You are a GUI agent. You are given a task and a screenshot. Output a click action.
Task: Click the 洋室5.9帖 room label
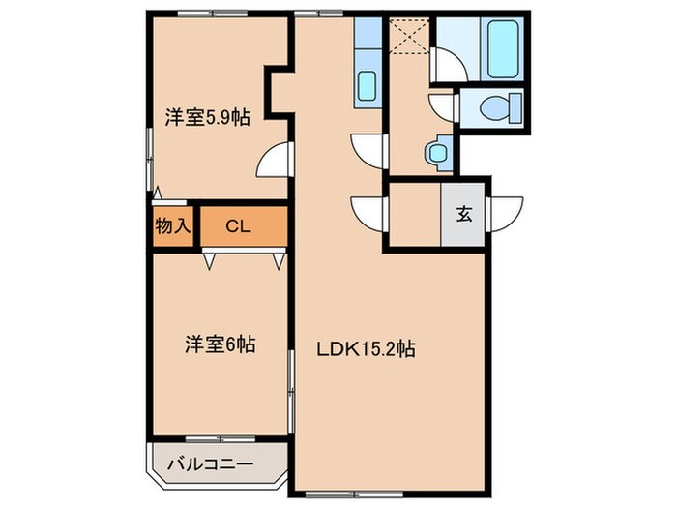tap(207, 118)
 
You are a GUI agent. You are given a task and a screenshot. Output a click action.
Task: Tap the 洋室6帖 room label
tap(221, 344)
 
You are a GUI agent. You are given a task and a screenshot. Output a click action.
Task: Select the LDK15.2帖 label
tap(368, 350)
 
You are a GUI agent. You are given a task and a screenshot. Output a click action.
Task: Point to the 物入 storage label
tap(172, 226)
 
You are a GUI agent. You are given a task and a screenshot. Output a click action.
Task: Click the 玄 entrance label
tap(464, 215)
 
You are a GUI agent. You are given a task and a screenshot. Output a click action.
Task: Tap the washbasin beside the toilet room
tap(438, 152)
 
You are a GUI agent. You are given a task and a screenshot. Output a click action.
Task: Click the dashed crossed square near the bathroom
tap(407, 40)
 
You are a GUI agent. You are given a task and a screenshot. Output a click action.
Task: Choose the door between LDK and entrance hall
tap(368, 212)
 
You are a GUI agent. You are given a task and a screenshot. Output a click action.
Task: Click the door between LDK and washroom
tap(368, 149)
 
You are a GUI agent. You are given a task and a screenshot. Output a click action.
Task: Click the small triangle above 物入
tap(157, 194)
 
